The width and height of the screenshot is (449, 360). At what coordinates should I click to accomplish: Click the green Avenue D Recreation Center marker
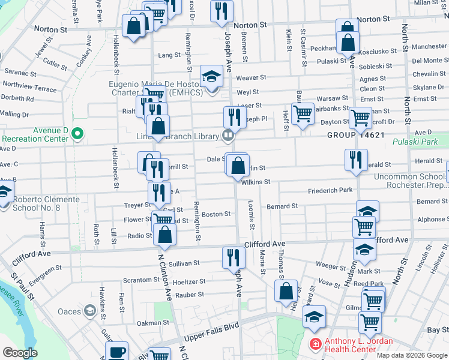(76, 133)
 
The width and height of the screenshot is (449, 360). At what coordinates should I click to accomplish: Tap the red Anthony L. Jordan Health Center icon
(315, 344)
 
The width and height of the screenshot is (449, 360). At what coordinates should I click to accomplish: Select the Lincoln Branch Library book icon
(228, 136)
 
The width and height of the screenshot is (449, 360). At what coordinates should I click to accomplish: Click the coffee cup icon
(116, 351)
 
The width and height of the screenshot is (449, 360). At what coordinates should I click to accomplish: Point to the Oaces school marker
(89, 311)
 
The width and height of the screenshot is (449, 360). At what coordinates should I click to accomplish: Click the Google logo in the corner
(20, 353)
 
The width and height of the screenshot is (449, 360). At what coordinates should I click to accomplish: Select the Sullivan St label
(184, 263)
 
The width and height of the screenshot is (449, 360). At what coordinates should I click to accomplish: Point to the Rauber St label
(190, 295)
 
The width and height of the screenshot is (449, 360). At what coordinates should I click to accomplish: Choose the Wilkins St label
(256, 181)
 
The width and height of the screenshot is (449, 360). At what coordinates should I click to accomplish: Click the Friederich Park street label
(329, 190)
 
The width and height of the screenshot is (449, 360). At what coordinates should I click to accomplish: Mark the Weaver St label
(251, 77)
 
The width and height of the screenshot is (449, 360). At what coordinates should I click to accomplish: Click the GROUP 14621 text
(355, 136)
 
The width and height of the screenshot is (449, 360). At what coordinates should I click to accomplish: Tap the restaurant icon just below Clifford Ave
(233, 257)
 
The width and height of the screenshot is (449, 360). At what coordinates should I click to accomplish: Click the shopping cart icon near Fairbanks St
(304, 112)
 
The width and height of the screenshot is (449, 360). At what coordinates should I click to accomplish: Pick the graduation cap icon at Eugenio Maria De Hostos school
(211, 76)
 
